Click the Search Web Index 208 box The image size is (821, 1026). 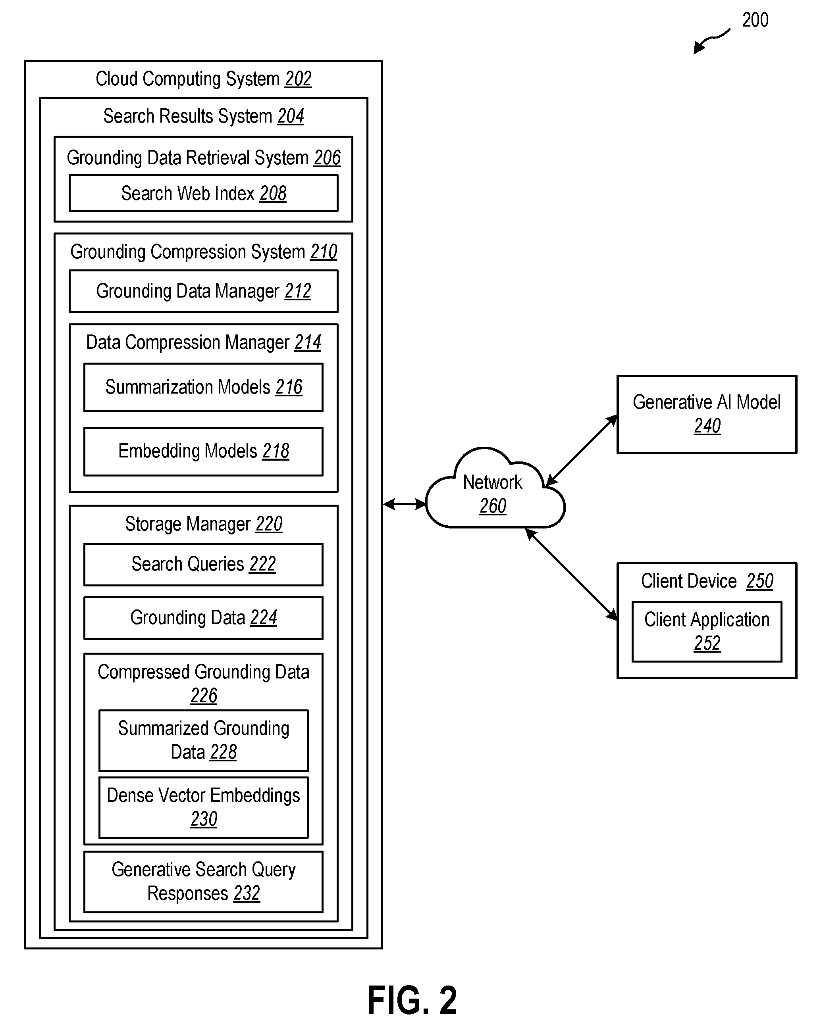[x=203, y=193]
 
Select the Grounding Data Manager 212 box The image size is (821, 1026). [x=203, y=291]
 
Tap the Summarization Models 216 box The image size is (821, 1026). [x=203, y=387]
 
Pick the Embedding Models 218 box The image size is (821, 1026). [x=203, y=451]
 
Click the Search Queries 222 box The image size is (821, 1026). [x=203, y=565]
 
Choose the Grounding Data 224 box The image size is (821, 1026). [x=203, y=618]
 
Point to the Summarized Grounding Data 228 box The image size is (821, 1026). [x=203, y=740]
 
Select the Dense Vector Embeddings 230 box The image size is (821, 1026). [x=203, y=807]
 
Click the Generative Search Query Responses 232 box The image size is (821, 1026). [x=203, y=882]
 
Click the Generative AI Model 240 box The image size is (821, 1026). [x=707, y=415]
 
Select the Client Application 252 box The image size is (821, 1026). [x=707, y=632]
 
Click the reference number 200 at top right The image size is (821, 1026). [x=755, y=20]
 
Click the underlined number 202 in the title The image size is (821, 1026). [x=298, y=79]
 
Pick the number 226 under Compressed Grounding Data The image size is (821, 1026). [x=204, y=696]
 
